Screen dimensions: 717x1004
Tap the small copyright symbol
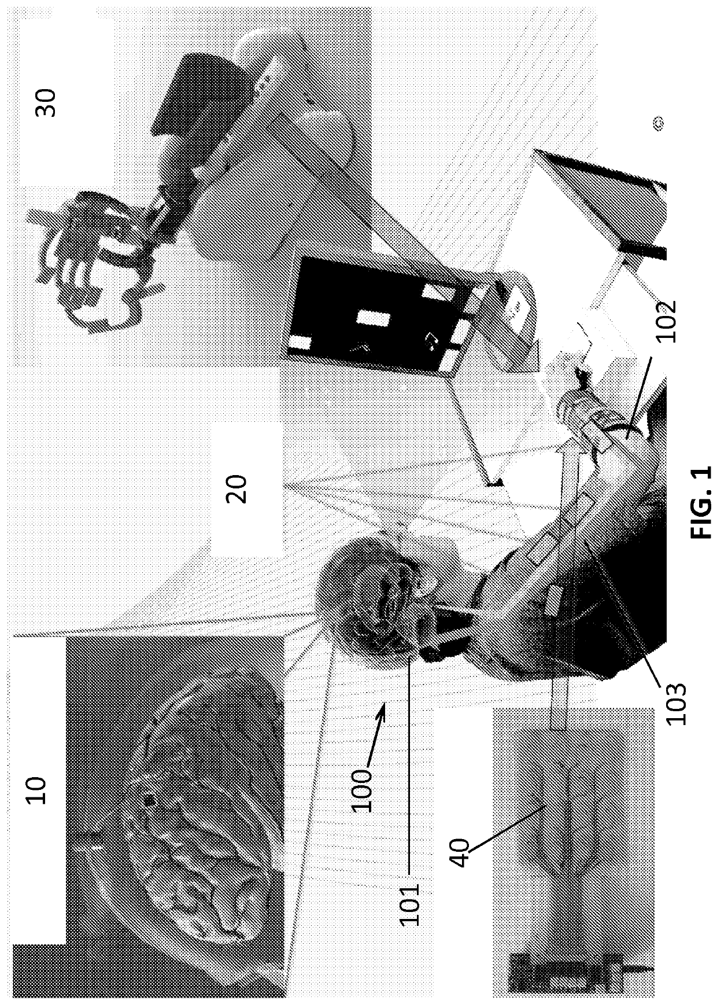[658, 122]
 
